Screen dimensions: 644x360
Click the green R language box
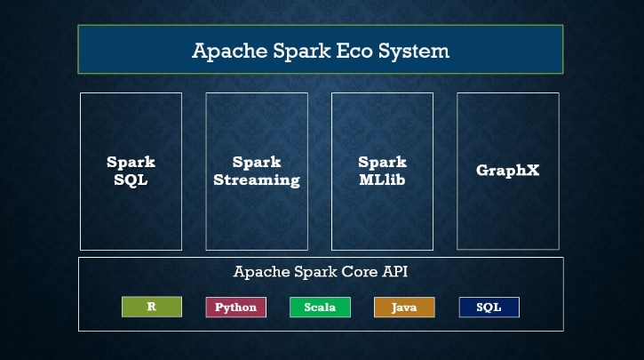click(152, 307)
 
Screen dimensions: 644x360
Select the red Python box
click(235, 307)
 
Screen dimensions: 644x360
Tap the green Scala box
click(320, 307)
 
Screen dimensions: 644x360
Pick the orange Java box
click(404, 307)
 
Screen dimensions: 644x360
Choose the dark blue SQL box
click(489, 307)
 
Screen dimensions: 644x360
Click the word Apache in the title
click(224, 50)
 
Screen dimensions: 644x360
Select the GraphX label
click(507, 170)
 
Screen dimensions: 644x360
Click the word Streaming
click(256, 180)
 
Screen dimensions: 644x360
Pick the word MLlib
click(382, 180)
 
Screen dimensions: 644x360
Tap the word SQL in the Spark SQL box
click(131, 180)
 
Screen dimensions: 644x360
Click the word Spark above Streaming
click(256, 163)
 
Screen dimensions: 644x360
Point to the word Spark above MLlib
click(382, 163)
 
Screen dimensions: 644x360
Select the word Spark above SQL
click(131, 163)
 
